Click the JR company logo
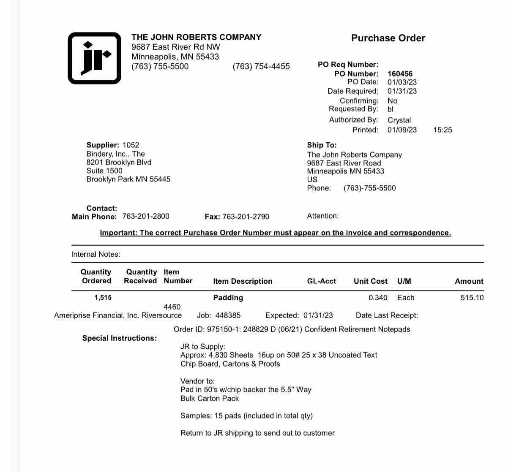[94, 58]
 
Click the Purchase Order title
[388, 38]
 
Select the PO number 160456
[400, 74]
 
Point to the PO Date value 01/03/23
[402, 82]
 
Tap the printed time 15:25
[442, 130]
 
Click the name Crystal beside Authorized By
[399, 120]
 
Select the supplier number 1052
[131, 145]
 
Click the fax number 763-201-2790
[246, 217]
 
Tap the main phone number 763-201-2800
[146, 217]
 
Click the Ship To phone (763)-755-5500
[369, 188]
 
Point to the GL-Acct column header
[321, 281]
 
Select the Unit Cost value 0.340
[378, 298]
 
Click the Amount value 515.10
[472, 298]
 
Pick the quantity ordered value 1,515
[103, 298]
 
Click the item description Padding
[228, 298]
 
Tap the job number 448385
[228, 315]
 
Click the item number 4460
[172, 307]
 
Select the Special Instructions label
[119, 338]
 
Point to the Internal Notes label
[96, 254]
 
